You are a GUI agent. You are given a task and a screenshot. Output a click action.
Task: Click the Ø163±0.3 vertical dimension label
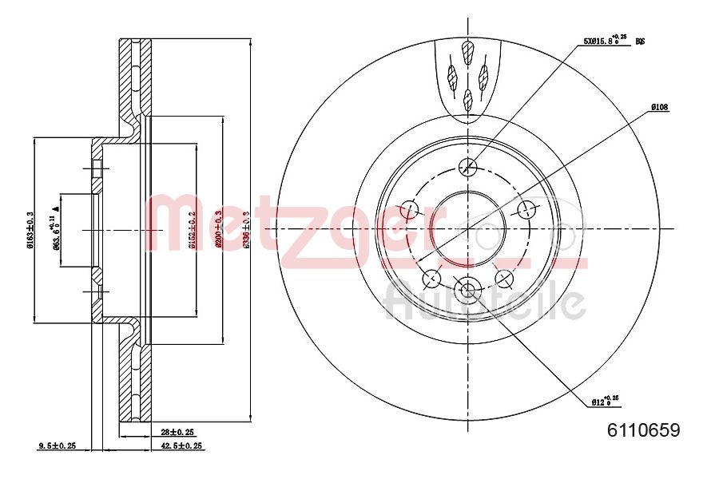(x=30, y=230)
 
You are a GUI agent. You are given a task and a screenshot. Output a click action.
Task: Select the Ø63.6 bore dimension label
(x=56, y=232)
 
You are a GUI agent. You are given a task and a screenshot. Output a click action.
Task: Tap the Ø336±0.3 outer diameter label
(x=247, y=230)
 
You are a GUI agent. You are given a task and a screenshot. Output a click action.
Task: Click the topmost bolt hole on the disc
(x=469, y=167)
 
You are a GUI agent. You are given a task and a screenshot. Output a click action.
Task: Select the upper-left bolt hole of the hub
(x=410, y=210)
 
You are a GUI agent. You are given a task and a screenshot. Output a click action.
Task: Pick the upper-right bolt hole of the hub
(x=526, y=210)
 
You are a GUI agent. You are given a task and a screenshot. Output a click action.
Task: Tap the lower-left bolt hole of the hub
(x=431, y=278)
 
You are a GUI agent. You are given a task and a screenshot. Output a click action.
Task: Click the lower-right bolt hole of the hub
(x=504, y=278)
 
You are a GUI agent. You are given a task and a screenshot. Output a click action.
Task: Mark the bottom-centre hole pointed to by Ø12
(x=468, y=288)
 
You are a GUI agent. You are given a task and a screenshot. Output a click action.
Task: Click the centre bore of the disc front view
(x=468, y=228)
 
